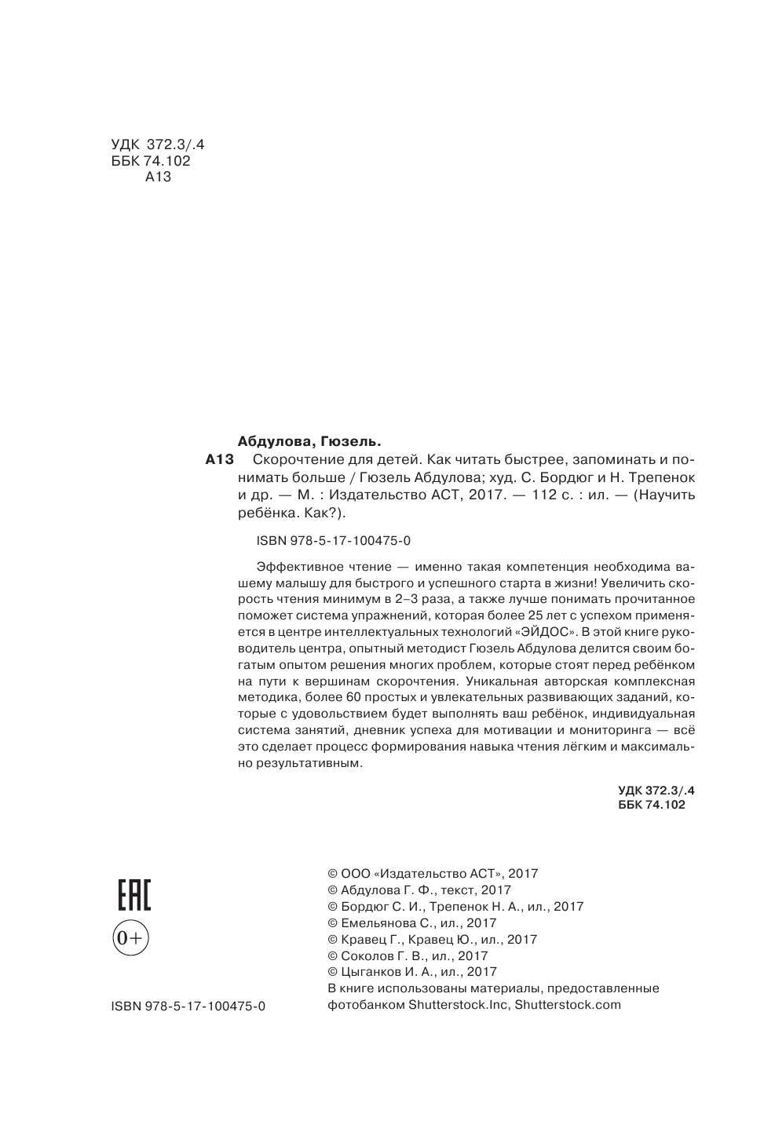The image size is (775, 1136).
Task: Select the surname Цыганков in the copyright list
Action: pyautogui.click(x=373, y=972)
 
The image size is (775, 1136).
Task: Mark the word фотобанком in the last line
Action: pyautogui.click(x=365, y=1005)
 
